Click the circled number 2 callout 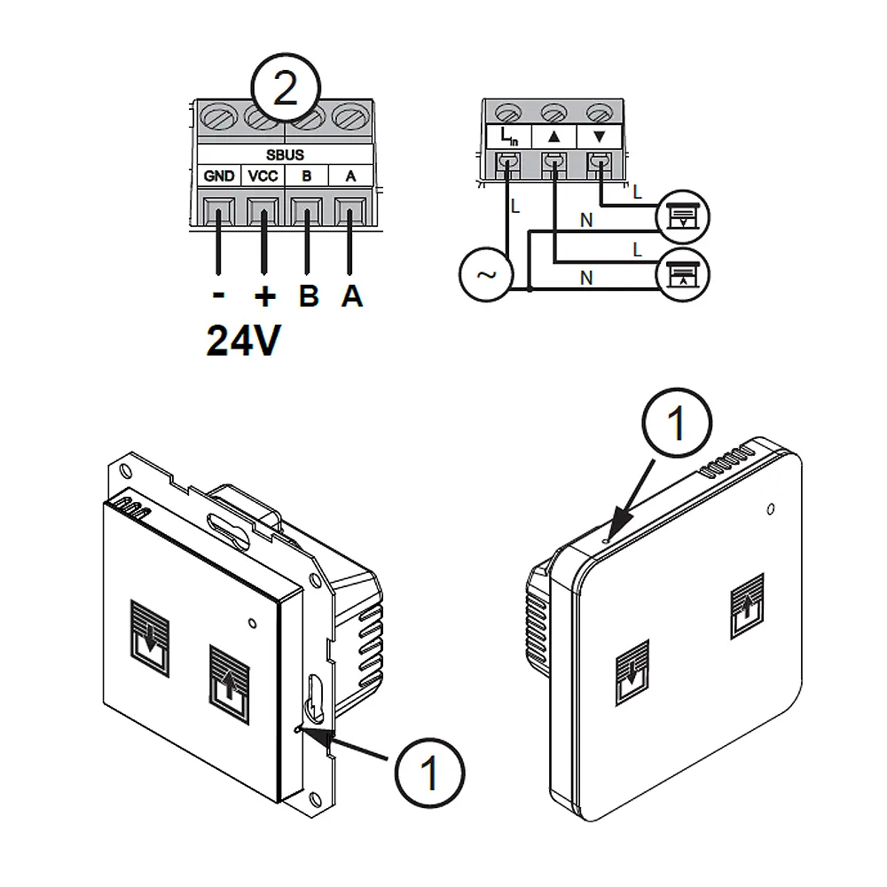tap(286, 90)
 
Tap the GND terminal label tap(219, 177)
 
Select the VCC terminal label tap(263, 177)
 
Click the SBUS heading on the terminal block tap(285, 155)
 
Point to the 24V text tap(243, 340)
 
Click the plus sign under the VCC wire tap(263, 294)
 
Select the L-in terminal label tap(508, 137)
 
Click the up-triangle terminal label tap(554, 137)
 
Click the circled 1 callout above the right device tap(677, 424)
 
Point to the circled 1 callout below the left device tap(429, 773)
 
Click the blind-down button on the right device tap(632, 672)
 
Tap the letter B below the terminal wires tap(308, 295)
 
